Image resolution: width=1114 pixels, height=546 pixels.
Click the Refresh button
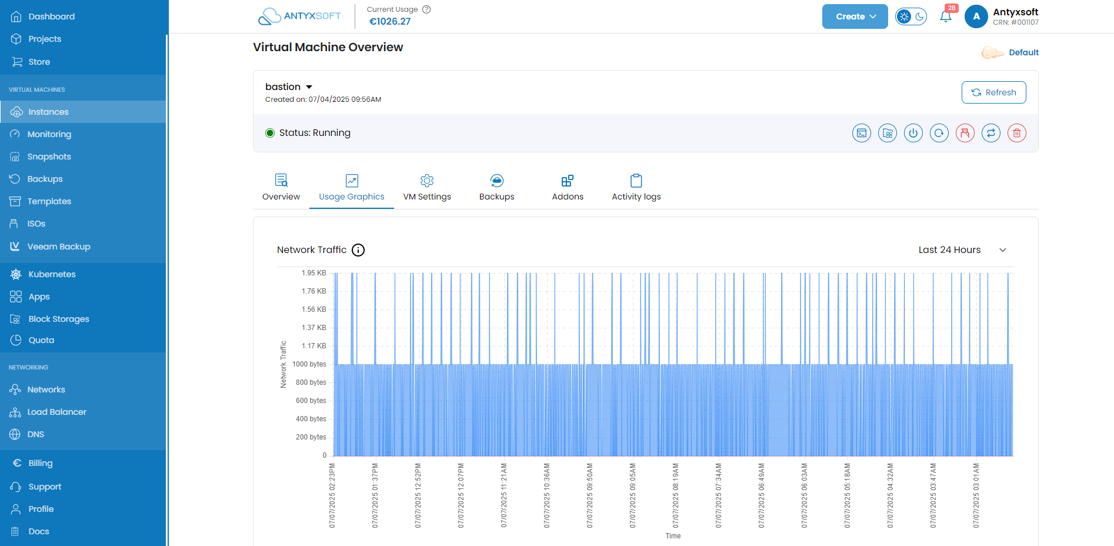993,92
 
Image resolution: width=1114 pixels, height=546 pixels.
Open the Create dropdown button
855,16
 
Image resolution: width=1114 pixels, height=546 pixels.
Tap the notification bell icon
946,16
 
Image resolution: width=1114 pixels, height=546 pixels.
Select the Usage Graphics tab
352,188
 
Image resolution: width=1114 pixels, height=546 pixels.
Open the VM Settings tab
427,188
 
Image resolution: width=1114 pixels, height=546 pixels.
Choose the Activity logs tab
636,188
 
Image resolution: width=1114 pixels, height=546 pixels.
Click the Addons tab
568,188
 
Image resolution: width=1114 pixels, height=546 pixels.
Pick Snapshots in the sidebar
49,157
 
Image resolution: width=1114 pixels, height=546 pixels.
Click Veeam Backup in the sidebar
58,247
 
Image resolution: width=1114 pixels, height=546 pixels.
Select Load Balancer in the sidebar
56,412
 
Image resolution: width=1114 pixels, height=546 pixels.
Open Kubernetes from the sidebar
52,274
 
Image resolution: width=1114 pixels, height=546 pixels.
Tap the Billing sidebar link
40,463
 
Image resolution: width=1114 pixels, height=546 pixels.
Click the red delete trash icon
1017,133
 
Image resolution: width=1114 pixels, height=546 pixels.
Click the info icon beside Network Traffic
358,250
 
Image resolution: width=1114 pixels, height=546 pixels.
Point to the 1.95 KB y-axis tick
313,273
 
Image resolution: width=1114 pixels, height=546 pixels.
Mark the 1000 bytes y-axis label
309,364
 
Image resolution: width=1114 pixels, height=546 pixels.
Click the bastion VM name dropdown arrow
309,87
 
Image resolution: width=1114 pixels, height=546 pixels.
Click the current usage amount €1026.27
390,22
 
